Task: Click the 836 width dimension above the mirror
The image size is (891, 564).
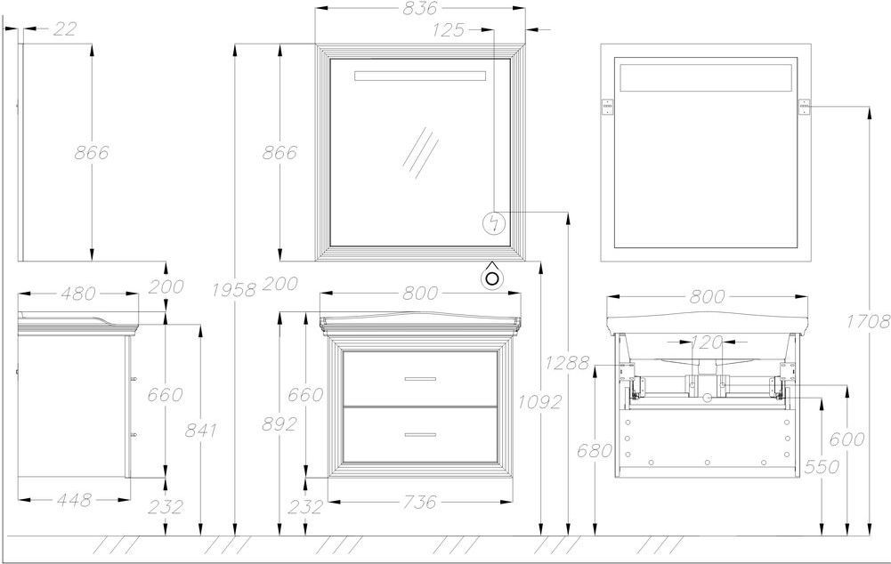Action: pyautogui.click(x=420, y=8)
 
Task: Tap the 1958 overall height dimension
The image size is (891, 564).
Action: pyautogui.click(x=233, y=290)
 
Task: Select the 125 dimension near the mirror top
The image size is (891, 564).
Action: pyautogui.click(x=449, y=29)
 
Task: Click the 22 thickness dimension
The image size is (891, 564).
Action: pyautogui.click(x=64, y=28)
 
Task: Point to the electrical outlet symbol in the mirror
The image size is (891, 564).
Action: pyautogui.click(x=493, y=222)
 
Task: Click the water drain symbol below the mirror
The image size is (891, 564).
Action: pyautogui.click(x=492, y=277)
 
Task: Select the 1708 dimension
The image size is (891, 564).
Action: pyautogui.click(x=868, y=322)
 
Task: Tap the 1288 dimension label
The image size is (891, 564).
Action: pyautogui.click(x=566, y=362)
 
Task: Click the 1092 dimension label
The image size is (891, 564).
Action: pyautogui.click(x=539, y=402)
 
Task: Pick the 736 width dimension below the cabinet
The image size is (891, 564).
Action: pyautogui.click(x=420, y=502)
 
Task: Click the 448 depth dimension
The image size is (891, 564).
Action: pyautogui.click(x=74, y=500)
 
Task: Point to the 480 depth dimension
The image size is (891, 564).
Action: pyautogui.click(x=77, y=294)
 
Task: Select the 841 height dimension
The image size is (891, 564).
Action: pyautogui.click(x=200, y=430)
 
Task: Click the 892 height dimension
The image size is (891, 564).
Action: pyautogui.click(x=279, y=424)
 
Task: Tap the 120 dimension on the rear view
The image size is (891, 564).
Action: pyautogui.click(x=707, y=342)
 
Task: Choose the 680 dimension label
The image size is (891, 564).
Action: pyautogui.click(x=595, y=450)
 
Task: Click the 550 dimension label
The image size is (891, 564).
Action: pyautogui.click(x=822, y=466)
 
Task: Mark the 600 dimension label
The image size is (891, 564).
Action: pyautogui.click(x=846, y=439)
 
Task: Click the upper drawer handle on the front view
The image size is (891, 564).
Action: pyautogui.click(x=420, y=379)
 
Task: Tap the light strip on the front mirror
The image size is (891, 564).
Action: pyautogui.click(x=420, y=77)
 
